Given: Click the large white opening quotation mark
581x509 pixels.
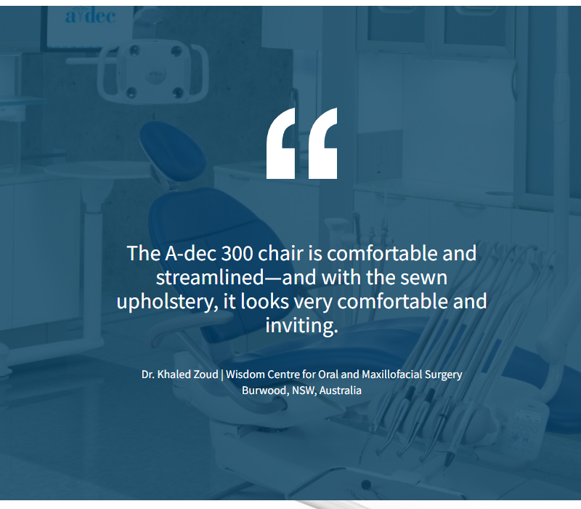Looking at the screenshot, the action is point(301,143).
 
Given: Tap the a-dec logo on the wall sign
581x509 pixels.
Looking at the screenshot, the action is point(90,17).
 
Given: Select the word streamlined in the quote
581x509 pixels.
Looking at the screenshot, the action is point(210,278).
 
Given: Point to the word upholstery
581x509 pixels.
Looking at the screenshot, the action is point(167,302).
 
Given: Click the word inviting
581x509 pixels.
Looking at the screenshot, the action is point(301,325).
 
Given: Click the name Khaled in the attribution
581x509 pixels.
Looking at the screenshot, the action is point(174,374).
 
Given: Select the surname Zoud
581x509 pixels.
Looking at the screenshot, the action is point(206,374).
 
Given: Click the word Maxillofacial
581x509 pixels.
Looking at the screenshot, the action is point(391,374).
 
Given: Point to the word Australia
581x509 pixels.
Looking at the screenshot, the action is point(340,390).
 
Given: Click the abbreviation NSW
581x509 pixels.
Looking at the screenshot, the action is point(304,390).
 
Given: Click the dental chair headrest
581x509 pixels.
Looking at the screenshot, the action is point(173,151).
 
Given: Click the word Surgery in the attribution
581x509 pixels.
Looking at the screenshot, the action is point(444,375).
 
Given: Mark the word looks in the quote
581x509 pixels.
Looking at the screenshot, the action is point(264,301).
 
